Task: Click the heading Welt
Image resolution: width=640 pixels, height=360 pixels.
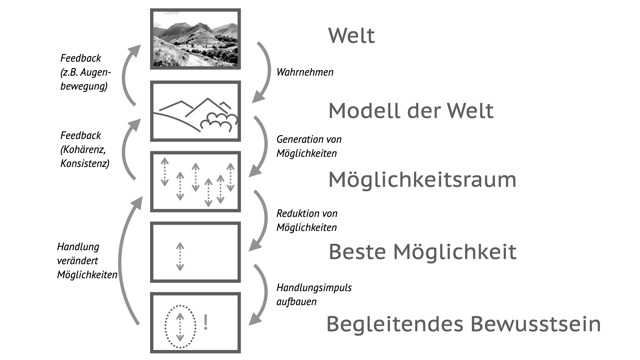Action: pyautogui.click(x=351, y=35)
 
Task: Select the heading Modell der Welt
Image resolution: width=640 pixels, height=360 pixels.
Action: pyautogui.click(x=411, y=111)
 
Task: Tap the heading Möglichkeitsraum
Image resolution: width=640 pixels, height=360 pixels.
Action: pyautogui.click(x=422, y=180)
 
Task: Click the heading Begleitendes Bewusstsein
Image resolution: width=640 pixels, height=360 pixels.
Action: pyautogui.click(x=463, y=324)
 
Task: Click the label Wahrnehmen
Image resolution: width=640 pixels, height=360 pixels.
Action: pyautogui.click(x=305, y=72)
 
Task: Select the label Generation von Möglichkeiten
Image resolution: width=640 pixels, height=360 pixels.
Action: pyautogui.click(x=309, y=146)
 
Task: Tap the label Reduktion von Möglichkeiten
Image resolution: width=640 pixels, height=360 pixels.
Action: pyautogui.click(x=307, y=220)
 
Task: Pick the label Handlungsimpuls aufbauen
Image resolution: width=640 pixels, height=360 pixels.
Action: pyautogui.click(x=314, y=294)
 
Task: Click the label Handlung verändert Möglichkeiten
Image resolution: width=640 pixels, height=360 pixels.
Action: pyautogui.click(x=87, y=261)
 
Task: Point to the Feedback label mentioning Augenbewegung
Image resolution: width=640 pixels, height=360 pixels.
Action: pyautogui.click(x=85, y=72)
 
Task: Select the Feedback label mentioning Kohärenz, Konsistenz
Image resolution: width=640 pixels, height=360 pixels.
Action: pyautogui.click(x=85, y=149)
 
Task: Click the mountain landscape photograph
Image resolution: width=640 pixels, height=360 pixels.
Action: pyautogui.click(x=195, y=39)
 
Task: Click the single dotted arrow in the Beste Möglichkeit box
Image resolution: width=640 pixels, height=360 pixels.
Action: pyautogui.click(x=180, y=256)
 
